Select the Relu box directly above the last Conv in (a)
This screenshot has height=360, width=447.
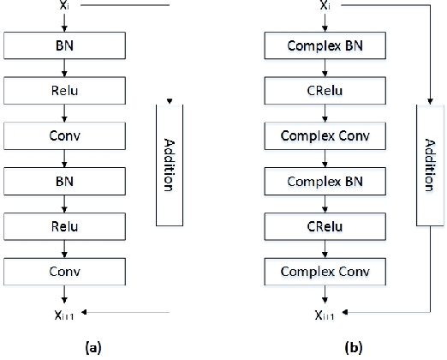pyautogui.click(x=63, y=226)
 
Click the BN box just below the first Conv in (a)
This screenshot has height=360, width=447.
pyautogui.click(x=63, y=180)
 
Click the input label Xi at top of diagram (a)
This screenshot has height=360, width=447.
pyautogui.click(x=63, y=5)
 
